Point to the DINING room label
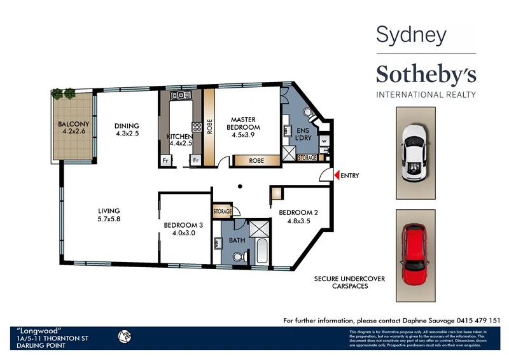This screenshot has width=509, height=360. [127, 126]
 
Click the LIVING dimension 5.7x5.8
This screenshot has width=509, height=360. [109, 219]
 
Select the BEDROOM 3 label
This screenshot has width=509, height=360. [183, 225]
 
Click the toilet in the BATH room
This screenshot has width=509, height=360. [239, 256]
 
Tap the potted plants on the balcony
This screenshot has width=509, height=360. [64, 93]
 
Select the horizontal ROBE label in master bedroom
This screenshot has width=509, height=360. [256, 161]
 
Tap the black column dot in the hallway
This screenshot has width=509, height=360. [239, 186]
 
